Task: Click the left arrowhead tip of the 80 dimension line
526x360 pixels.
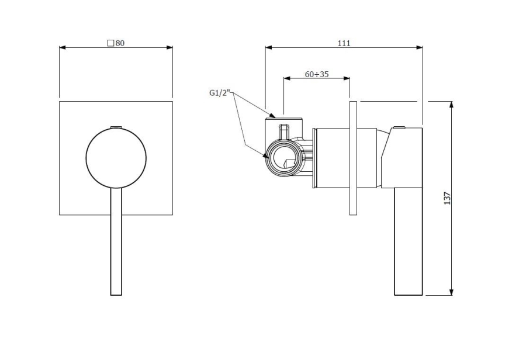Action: (60, 48)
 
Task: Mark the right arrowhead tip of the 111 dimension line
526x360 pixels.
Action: (423, 48)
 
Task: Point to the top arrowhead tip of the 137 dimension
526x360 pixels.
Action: (452, 101)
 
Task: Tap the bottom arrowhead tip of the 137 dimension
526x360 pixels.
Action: (452, 296)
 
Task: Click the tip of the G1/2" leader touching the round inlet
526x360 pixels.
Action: (268, 158)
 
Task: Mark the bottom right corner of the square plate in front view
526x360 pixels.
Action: (173, 214)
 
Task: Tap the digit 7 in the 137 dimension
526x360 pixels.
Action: (447, 194)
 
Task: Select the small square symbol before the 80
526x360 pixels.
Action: (110, 43)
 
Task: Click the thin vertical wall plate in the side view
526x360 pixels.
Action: (353, 158)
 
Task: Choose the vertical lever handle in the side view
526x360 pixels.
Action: (409, 241)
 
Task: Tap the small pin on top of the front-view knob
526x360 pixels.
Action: (116, 127)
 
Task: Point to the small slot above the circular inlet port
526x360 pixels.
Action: (284, 131)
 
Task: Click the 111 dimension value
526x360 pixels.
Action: (344, 43)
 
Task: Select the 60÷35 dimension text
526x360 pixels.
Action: (317, 74)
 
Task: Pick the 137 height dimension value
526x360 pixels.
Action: (447, 198)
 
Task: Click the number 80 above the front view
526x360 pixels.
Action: (120, 43)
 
